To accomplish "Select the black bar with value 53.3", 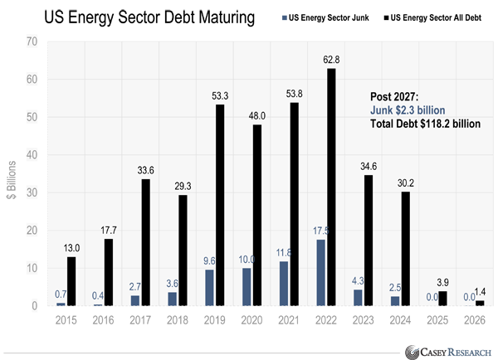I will (x=220, y=207).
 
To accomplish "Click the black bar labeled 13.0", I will (x=71, y=283).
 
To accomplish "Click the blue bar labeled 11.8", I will (x=284, y=285).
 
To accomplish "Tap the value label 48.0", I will (x=257, y=117).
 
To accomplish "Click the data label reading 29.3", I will (x=183, y=187).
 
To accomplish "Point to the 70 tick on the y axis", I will (x=32, y=41).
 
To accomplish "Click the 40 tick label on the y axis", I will (x=32, y=155).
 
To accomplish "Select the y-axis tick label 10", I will (x=32, y=269).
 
